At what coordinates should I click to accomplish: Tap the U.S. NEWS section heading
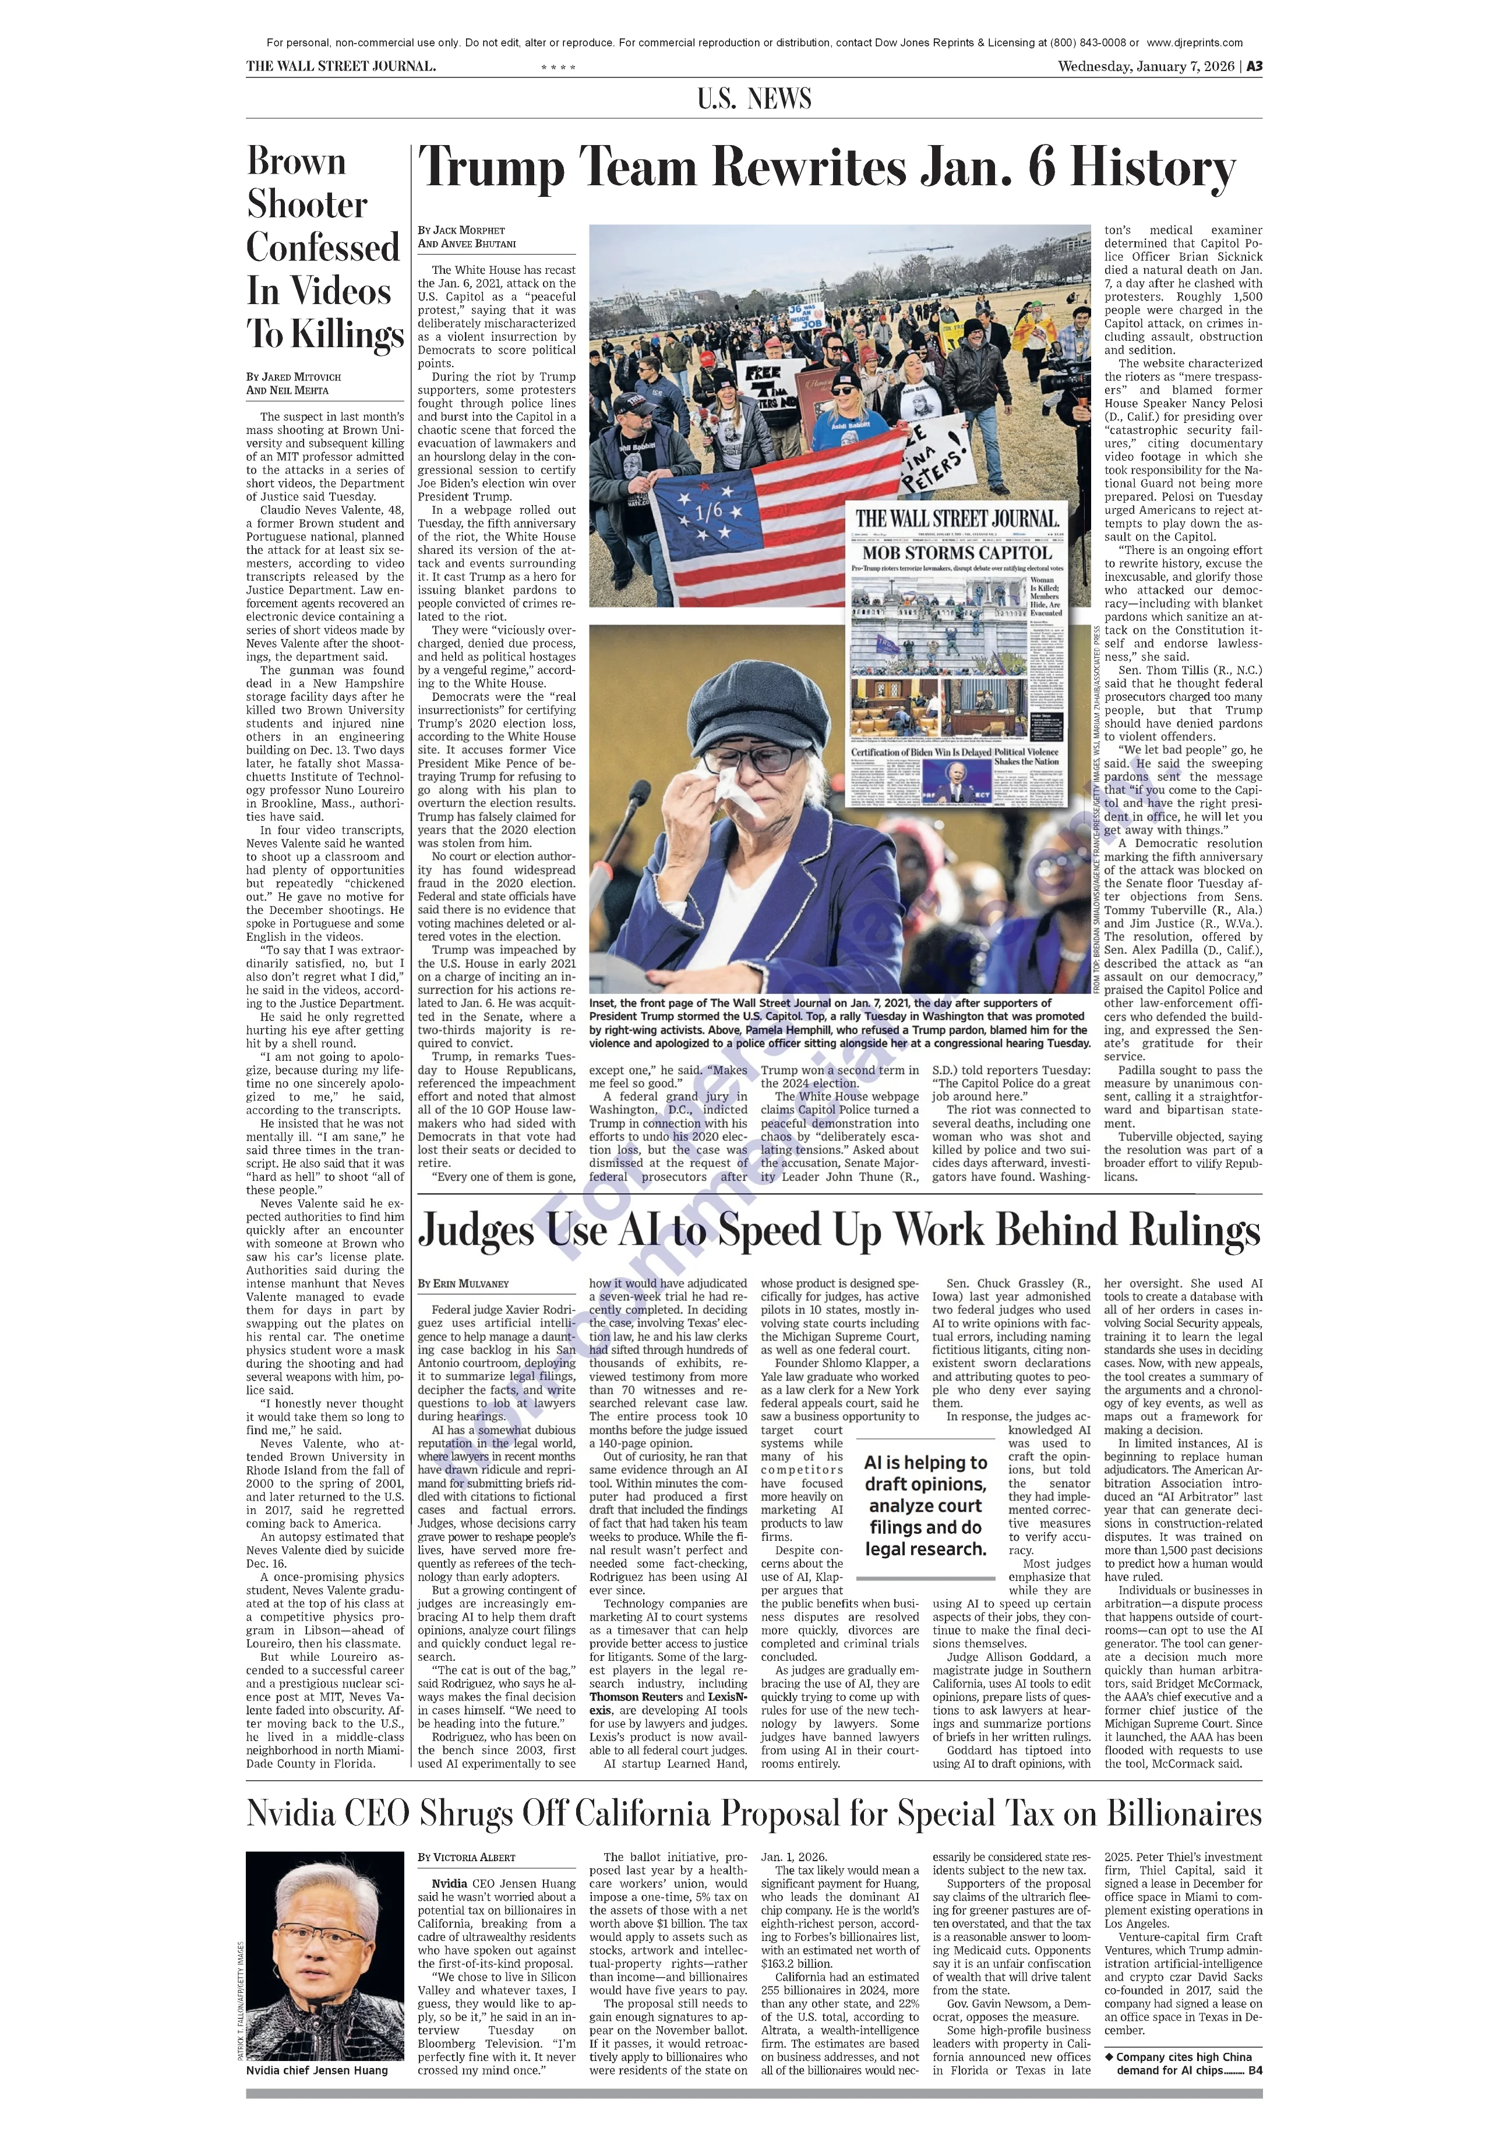click(754, 98)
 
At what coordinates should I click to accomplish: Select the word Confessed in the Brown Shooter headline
click(323, 248)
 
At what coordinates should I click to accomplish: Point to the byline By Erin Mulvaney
click(463, 1283)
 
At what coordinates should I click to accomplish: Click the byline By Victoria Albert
click(466, 1857)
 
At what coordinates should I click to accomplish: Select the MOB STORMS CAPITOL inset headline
click(957, 552)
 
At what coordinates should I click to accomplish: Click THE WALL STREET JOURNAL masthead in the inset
click(957, 519)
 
